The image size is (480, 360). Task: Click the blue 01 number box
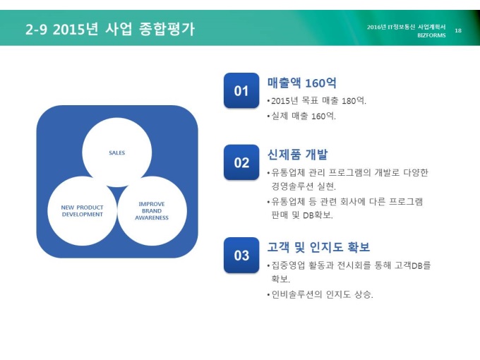coord(241,90)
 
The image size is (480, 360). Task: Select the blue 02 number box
coord(241,162)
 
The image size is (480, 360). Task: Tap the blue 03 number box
coord(241,255)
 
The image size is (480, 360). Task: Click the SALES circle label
coord(117,152)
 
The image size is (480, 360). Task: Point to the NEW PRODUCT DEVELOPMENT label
coord(82,211)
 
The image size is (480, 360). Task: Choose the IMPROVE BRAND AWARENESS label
coord(152,210)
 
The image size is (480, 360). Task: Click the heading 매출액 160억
coord(302,83)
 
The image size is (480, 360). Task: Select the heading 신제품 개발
coord(298,155)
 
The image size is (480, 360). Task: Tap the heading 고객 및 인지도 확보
coord(318,247)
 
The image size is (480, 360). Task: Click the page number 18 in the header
coord(458,30)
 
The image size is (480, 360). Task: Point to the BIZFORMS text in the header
coord(431,35)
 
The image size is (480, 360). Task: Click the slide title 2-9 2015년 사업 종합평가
coord(110,29)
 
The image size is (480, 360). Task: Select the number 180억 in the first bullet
coord(354,100)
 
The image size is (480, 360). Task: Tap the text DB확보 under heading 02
coord(318,215)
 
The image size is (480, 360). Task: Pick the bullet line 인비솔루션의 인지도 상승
coord(320,294)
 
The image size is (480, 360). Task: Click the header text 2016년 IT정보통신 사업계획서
coord(406,27)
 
